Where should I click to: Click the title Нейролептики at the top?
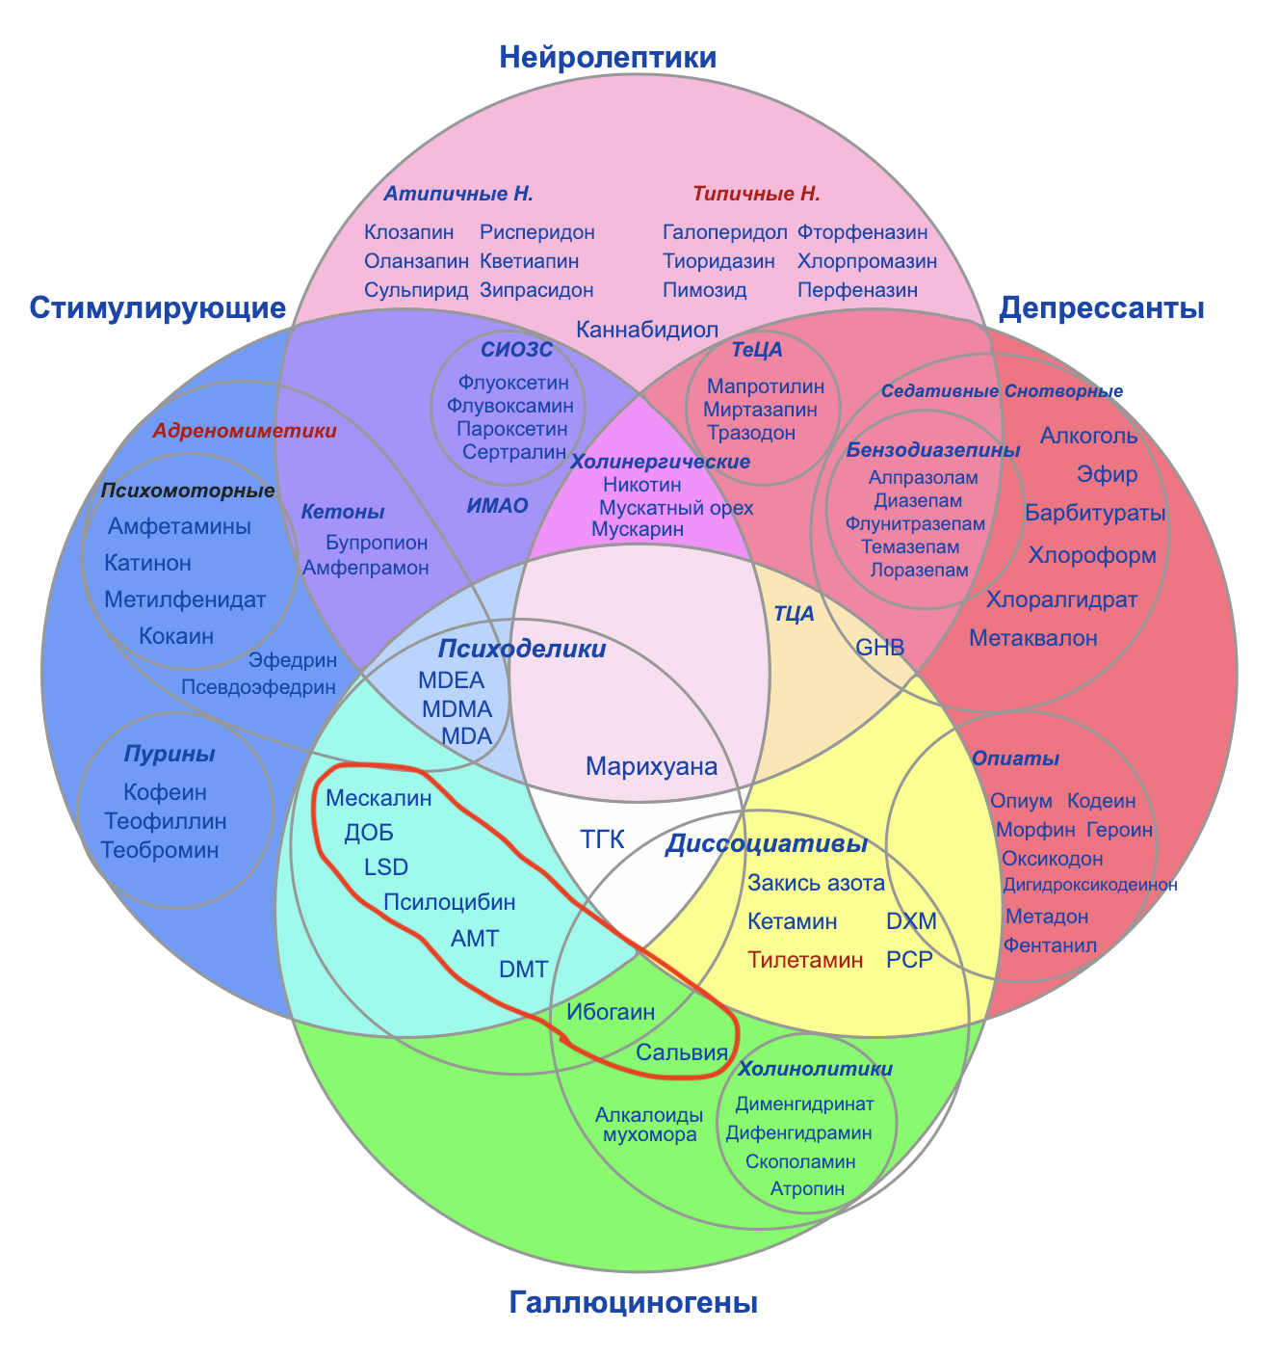tap(608, 58)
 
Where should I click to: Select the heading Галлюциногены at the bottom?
tap(633, 1303)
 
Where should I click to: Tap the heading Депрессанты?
tap(1102, 308)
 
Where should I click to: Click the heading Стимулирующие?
tap(158, 308)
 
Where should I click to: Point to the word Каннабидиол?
tap(647, 330)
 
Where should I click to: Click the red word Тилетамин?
tap(805, 960)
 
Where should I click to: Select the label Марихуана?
tap(652, 767)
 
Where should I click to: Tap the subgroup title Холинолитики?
tap(815, 1069)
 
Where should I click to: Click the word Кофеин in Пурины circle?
tap(166, 792)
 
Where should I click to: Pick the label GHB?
tap(880, 648)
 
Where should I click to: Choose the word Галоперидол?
tap(725, 232)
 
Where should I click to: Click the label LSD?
tap(386, 866)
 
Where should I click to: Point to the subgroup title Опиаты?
tap(1015, 759)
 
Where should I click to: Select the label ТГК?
tap(603, 839)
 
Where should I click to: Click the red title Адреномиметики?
tap(245, 432)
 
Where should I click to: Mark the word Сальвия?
tap(681, 1051)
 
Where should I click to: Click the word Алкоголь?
tap(1088, 436)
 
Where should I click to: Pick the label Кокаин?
tap(176, 636)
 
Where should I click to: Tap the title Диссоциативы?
tap(767, 844)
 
